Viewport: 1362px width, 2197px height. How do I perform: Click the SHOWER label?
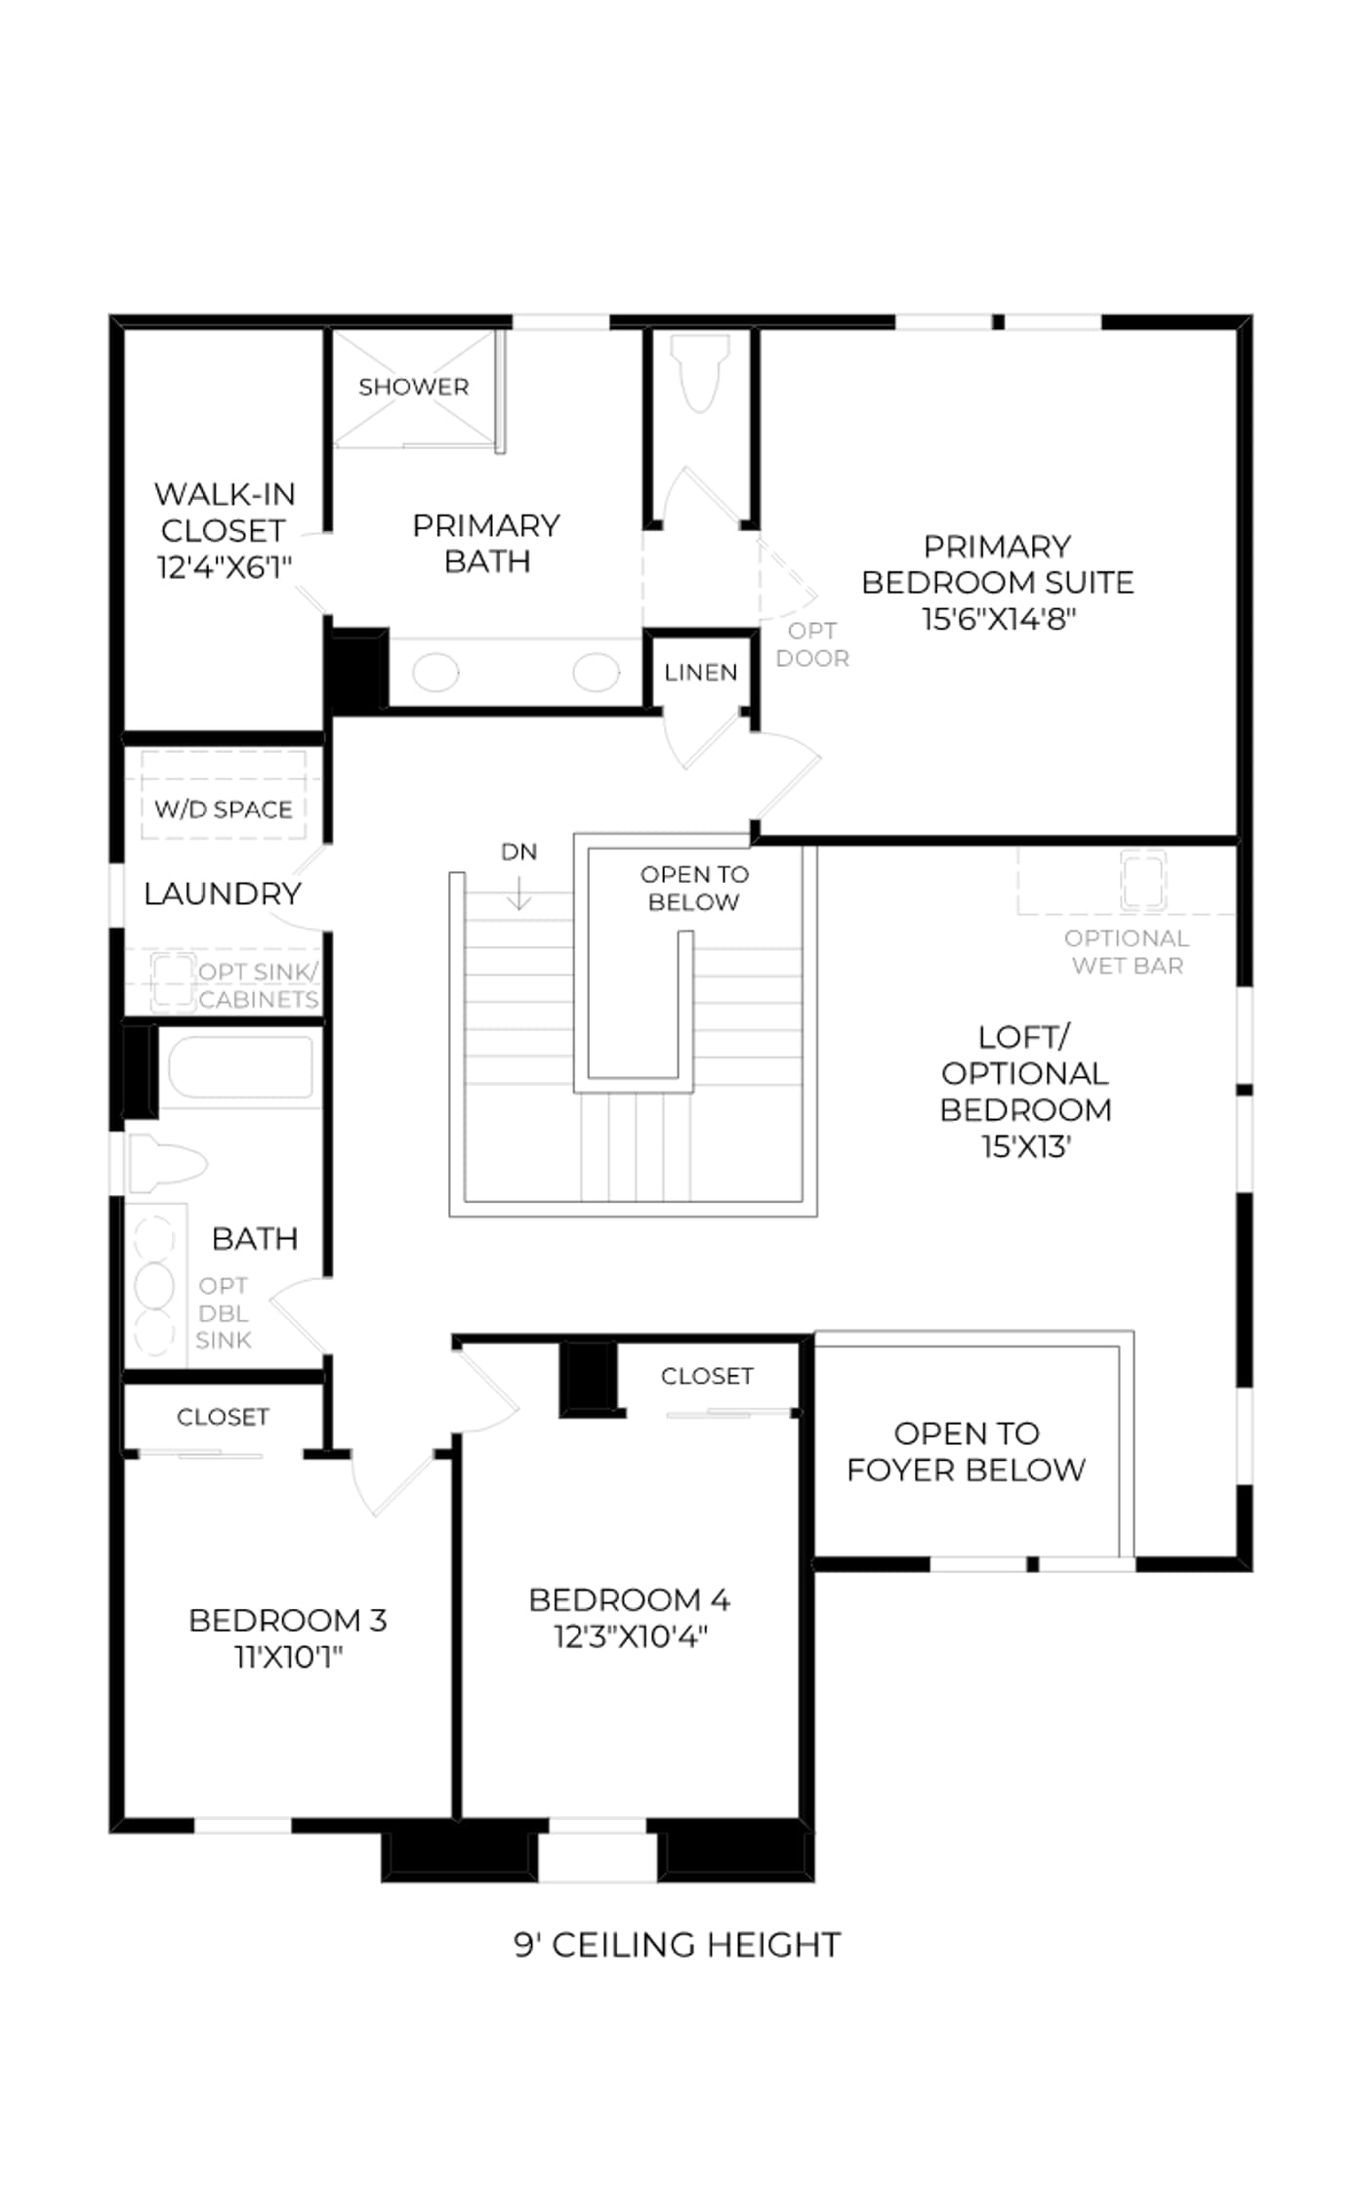pos(413,387)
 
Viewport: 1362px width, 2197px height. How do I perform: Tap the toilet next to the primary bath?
pos(700,372)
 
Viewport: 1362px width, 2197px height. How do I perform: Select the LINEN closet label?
pos(700,672)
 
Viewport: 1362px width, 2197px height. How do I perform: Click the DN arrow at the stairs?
pos(518,891)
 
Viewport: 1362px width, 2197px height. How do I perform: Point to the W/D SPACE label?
pos(224,808)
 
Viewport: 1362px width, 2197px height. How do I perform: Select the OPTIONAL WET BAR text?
pos(1127,951)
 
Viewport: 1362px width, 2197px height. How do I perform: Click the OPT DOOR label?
pos(812,644)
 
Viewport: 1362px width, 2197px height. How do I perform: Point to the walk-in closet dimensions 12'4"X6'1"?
pos(225,566)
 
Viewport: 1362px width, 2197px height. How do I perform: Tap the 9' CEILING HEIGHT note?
pos(677,1944)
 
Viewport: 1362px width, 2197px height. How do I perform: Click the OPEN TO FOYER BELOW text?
pos(966,1451)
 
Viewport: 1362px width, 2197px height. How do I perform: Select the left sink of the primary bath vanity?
pos(435,673)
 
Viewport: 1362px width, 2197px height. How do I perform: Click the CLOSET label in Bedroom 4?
pos(707,1376)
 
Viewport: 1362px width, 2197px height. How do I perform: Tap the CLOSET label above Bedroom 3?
pos(223,1417)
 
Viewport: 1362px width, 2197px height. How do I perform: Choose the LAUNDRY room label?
pos(223,893)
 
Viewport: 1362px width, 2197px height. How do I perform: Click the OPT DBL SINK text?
pos(224,1313)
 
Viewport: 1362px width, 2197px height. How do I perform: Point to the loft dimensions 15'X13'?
pos(1026,1146)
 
